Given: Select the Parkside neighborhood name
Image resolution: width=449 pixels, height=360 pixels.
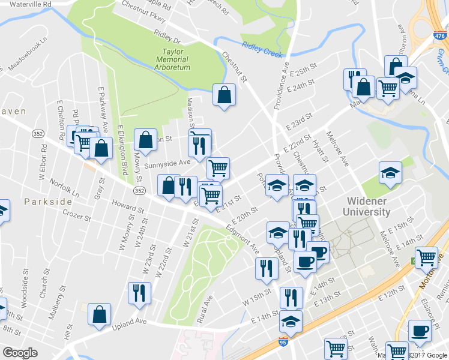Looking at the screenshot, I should tap(49, 202).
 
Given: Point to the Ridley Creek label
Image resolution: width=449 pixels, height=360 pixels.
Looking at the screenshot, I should tap(262, 50).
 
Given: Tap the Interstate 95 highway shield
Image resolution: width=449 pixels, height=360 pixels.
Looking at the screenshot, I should tap(283, 342).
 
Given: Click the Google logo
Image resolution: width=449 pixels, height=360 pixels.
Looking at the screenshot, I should tap(20, 353).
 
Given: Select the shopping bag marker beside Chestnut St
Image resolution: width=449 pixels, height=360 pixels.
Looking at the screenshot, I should tap(224, 95).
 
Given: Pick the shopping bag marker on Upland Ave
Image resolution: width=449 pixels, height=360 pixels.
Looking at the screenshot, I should tap(100, 314).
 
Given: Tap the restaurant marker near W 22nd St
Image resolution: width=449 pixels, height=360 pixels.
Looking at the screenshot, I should tap(139, 293).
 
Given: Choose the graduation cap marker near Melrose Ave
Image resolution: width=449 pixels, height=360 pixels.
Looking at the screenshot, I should tap(390, 172).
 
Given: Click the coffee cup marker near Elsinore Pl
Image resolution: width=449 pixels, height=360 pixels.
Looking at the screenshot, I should tap(420, 331).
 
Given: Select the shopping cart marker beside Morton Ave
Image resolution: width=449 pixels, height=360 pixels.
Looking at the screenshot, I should tap(427, 257).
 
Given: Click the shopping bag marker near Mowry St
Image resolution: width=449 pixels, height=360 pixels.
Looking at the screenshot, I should tap(146, 140).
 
